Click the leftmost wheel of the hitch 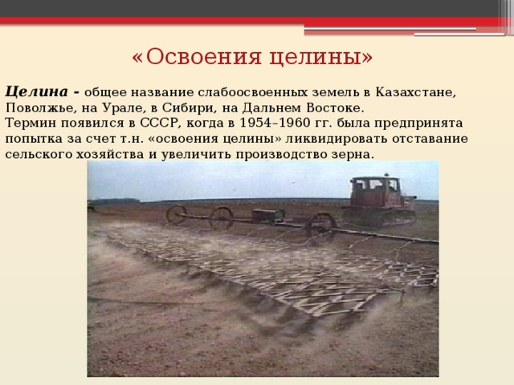[176, 214]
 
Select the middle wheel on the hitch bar [221, 217]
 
